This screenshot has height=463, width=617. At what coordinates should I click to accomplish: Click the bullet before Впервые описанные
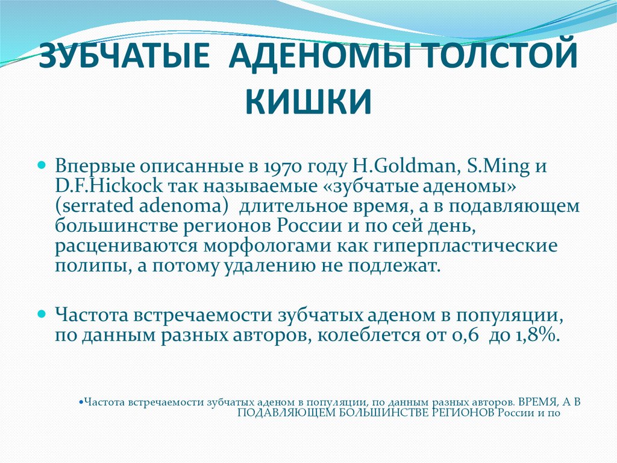43,164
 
